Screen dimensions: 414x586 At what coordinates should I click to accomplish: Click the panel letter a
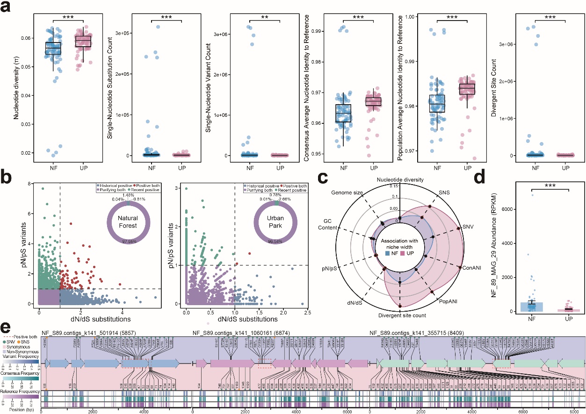[x=7, y=8]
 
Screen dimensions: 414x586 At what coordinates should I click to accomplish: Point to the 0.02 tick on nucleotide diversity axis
[x=28, y=153]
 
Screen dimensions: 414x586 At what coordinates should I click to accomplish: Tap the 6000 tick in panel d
[x=506, y=210]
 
